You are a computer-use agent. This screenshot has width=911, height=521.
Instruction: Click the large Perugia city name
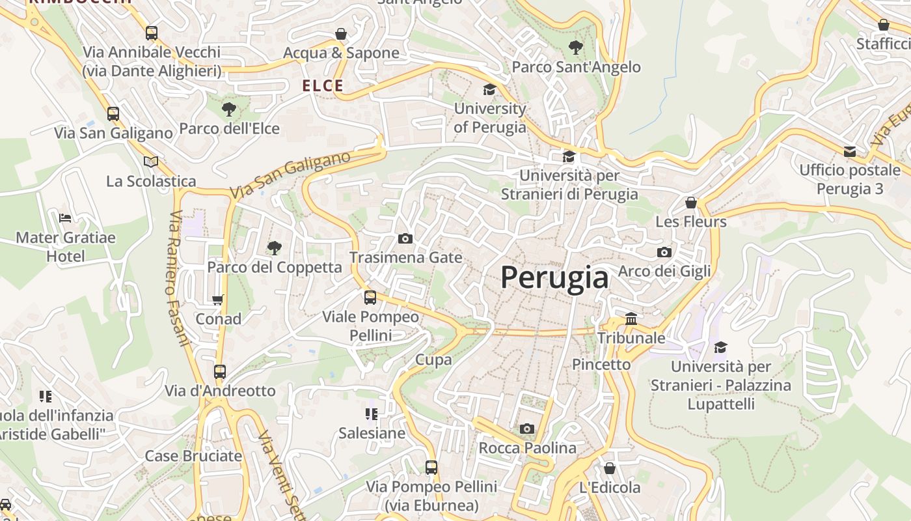554,278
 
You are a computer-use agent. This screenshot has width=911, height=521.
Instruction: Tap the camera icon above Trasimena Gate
405,239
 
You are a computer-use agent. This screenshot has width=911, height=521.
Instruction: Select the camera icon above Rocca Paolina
527,429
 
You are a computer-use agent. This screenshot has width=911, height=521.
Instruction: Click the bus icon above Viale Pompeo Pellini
370,298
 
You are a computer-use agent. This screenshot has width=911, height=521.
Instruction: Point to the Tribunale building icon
631,319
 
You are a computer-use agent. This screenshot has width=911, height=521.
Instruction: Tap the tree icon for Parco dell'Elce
228,109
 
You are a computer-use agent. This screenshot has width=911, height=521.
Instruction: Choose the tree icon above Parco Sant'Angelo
575,48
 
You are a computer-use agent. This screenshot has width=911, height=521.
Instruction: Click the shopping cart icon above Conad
218,300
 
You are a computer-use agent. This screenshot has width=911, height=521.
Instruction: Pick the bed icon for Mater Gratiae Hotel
65,218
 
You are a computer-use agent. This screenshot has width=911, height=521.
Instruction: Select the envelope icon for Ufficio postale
849,152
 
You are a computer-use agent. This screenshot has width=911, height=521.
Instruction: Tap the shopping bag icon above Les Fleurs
690,203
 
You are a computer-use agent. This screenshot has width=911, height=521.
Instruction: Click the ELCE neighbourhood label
323,85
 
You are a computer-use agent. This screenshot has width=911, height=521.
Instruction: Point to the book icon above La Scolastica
151,162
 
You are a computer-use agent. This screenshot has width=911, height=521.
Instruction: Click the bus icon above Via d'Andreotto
220,372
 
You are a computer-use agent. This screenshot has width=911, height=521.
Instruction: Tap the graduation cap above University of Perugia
489,90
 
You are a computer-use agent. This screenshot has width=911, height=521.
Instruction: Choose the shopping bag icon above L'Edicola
610,468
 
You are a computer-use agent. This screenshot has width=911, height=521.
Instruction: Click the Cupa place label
433,359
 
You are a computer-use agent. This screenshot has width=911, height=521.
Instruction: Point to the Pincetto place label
601,364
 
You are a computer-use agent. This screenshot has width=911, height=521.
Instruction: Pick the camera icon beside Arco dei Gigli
664,252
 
